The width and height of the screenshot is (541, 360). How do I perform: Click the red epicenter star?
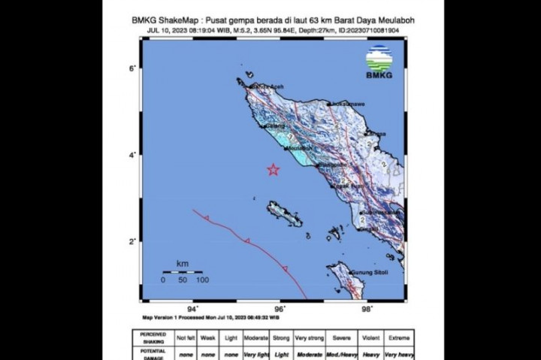274,170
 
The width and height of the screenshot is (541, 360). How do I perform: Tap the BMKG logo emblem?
379,58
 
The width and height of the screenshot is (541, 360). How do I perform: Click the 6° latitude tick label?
132,68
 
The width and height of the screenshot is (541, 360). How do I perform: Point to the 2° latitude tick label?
132,241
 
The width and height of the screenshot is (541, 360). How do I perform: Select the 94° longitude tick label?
193,308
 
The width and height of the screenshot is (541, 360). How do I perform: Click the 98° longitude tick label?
367,308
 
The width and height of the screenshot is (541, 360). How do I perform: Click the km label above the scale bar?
182,264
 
